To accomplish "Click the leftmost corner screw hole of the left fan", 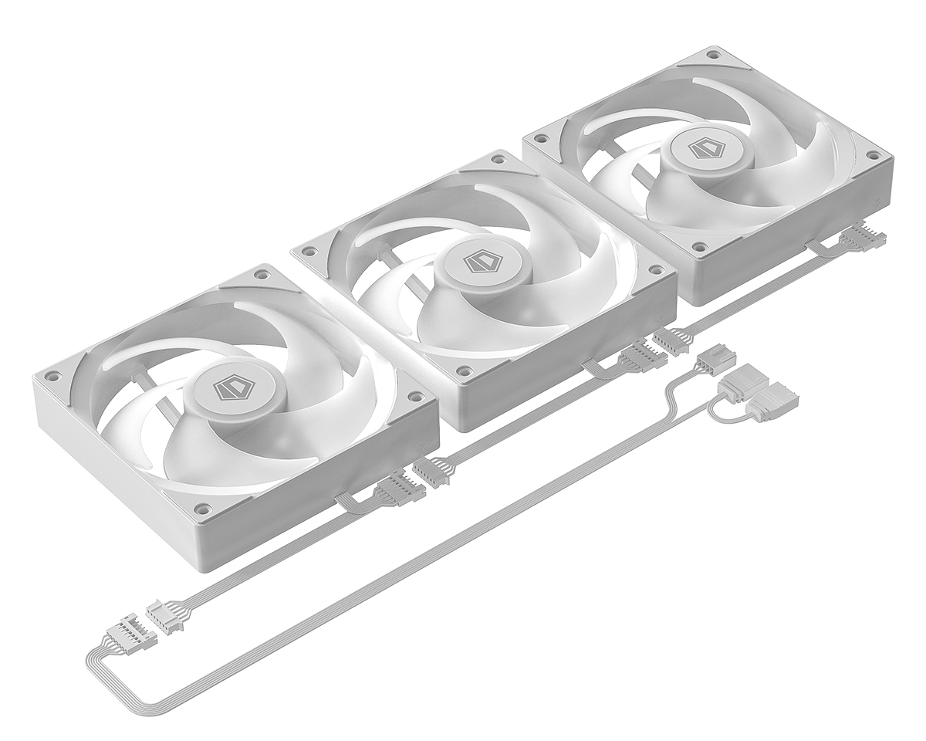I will [53, 377].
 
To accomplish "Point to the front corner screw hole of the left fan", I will [203, 509].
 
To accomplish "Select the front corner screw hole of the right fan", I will [699, 248].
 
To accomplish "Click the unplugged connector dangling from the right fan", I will [854, 238].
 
